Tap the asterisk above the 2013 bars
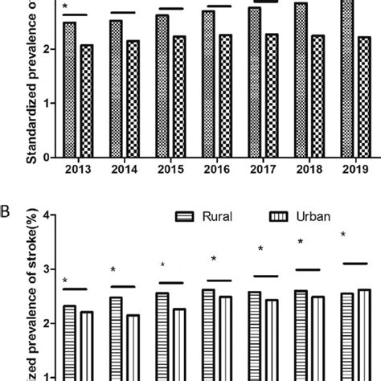pos(65,8)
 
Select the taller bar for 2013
pos(69,89)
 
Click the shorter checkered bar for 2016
pos(227,96)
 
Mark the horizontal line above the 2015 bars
pos(170,9)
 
